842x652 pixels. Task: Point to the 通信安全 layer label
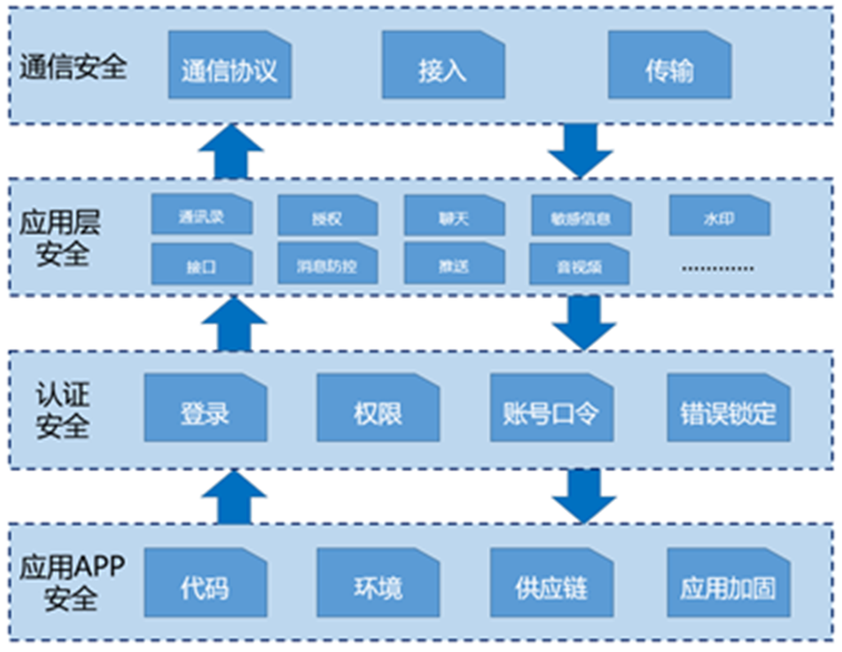tap(73, 67)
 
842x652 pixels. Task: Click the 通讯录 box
tap(201, 217)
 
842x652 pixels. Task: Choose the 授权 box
tap(327, 218)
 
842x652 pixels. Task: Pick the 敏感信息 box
tap(580, 218)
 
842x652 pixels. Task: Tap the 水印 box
tap(719, 218)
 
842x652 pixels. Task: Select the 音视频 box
tap(580, 264)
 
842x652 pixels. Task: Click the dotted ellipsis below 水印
tap(719, 267)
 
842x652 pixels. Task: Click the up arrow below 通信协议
tap(231, 151)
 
